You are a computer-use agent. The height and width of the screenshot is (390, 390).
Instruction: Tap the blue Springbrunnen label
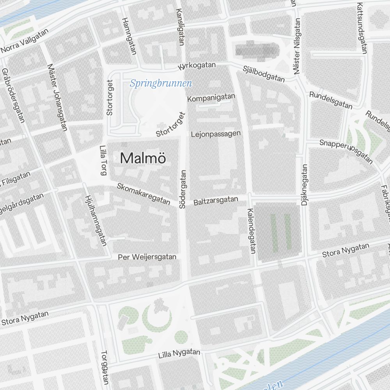tap(161, 83)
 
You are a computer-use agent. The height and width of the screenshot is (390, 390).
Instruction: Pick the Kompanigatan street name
tap(211, 97)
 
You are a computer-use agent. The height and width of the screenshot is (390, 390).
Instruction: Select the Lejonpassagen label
tap(216, 134)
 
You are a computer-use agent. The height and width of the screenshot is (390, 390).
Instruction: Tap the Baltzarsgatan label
tap(216, 201)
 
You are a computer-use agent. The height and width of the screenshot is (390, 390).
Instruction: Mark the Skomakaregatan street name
tap(144, 194)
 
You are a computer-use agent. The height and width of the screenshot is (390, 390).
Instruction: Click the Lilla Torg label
tap(103, 160)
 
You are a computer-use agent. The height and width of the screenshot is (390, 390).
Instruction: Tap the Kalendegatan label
tap(251, 231)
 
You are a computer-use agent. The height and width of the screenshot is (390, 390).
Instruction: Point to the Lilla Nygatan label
tap(179, 354)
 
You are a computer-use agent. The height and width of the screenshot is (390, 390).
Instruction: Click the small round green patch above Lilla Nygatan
tap(181, 337)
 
